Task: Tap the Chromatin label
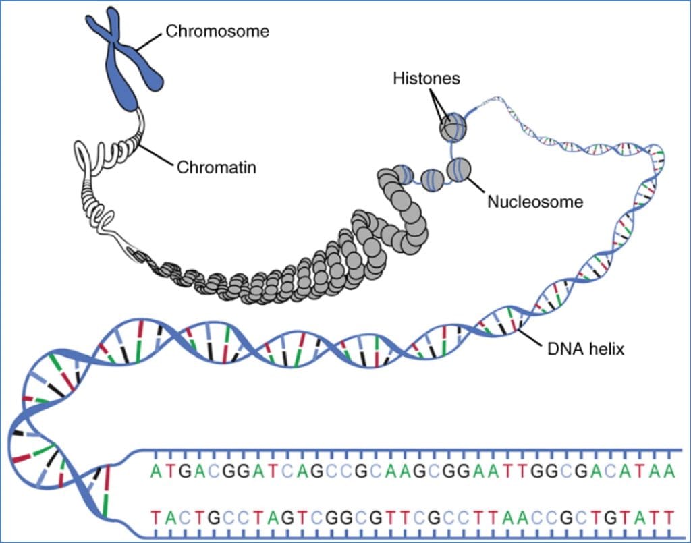click(216, 167)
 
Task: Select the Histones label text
click(426, 78)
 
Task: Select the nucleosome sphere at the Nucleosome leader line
click(459, 168)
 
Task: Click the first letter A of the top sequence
click(157, 469)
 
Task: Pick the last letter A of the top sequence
click(669, 469)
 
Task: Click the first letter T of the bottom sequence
click(157, 518)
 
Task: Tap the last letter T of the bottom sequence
click(669, 518)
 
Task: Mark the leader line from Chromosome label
click(154, 39)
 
